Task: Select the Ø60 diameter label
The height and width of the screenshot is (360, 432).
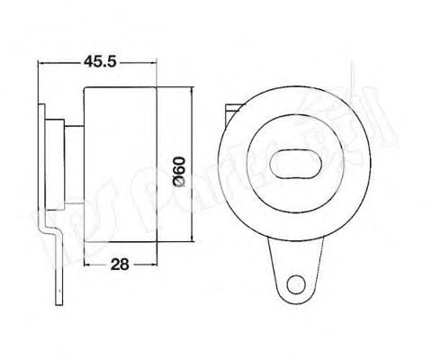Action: coord(178,167)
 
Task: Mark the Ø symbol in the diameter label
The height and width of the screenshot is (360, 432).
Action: coord(178,185)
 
